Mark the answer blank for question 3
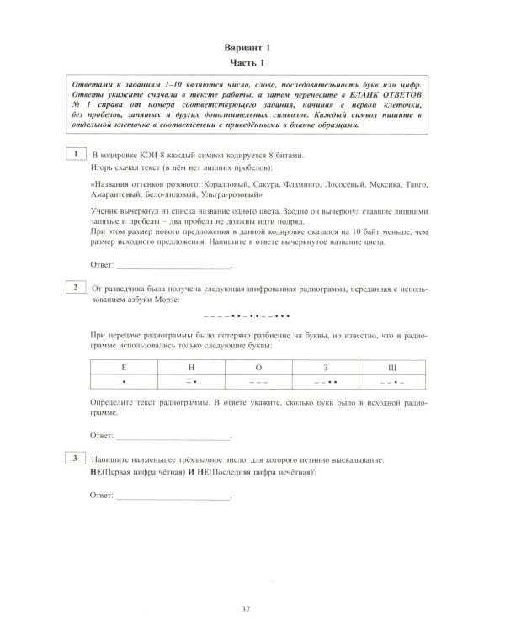coord(172,498)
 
